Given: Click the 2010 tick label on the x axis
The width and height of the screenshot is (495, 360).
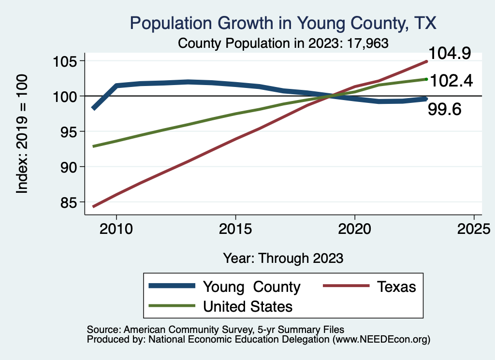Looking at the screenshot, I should click(116, 229).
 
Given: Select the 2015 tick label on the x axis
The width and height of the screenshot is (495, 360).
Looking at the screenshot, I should click(235, 229).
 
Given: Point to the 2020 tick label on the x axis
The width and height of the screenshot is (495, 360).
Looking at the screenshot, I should click(355, 229).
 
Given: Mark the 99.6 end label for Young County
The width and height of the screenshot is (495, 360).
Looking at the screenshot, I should click(445, 110).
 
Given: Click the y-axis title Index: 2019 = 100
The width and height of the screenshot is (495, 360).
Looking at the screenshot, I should click(22, 134).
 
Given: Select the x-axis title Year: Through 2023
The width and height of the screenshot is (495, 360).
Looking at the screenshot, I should click(283, 258).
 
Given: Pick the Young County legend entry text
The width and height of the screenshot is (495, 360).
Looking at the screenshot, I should click(251, 287).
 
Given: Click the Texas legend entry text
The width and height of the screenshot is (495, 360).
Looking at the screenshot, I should click(396, 287).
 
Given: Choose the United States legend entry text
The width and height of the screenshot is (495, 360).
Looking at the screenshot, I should click(247, 306).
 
